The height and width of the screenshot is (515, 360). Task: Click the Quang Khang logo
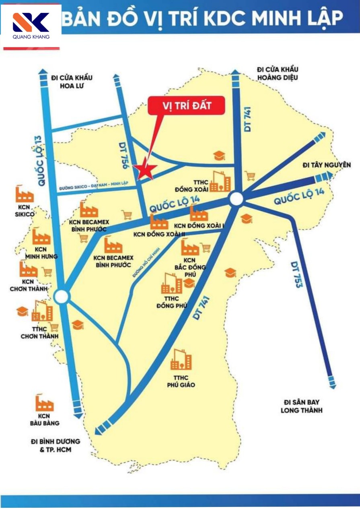pos(31,26)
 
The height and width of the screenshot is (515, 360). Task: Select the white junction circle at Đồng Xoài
pos(237,199)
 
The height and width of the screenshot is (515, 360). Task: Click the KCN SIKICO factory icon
pos(24,195)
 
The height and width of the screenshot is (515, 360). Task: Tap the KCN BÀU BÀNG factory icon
pos(44,404)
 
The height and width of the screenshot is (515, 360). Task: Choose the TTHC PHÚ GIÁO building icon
pos(181,360)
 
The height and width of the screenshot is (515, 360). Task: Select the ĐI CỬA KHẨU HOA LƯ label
pos(72,82)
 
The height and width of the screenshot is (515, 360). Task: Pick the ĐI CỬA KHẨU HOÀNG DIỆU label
pos(278,74)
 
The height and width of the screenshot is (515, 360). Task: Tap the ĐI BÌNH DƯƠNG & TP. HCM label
pos(55,445)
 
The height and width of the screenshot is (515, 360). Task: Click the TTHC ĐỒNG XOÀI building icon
pos(220,182)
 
